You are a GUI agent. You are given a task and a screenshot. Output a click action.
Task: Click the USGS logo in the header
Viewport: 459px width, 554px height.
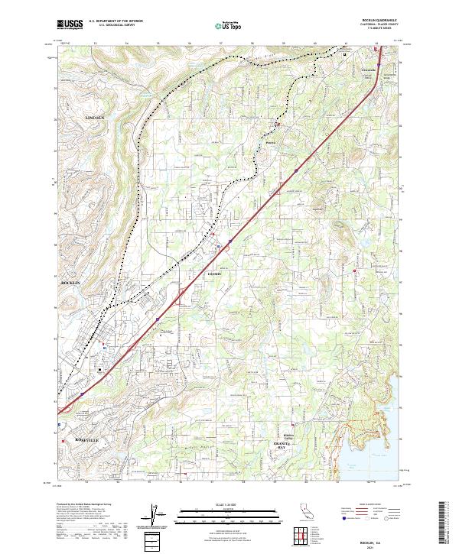coord(70,25)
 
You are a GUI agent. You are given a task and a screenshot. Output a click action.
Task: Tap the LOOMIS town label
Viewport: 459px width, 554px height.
coord(213,273)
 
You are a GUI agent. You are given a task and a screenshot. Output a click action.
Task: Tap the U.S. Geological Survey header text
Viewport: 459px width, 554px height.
coord(109,26)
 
